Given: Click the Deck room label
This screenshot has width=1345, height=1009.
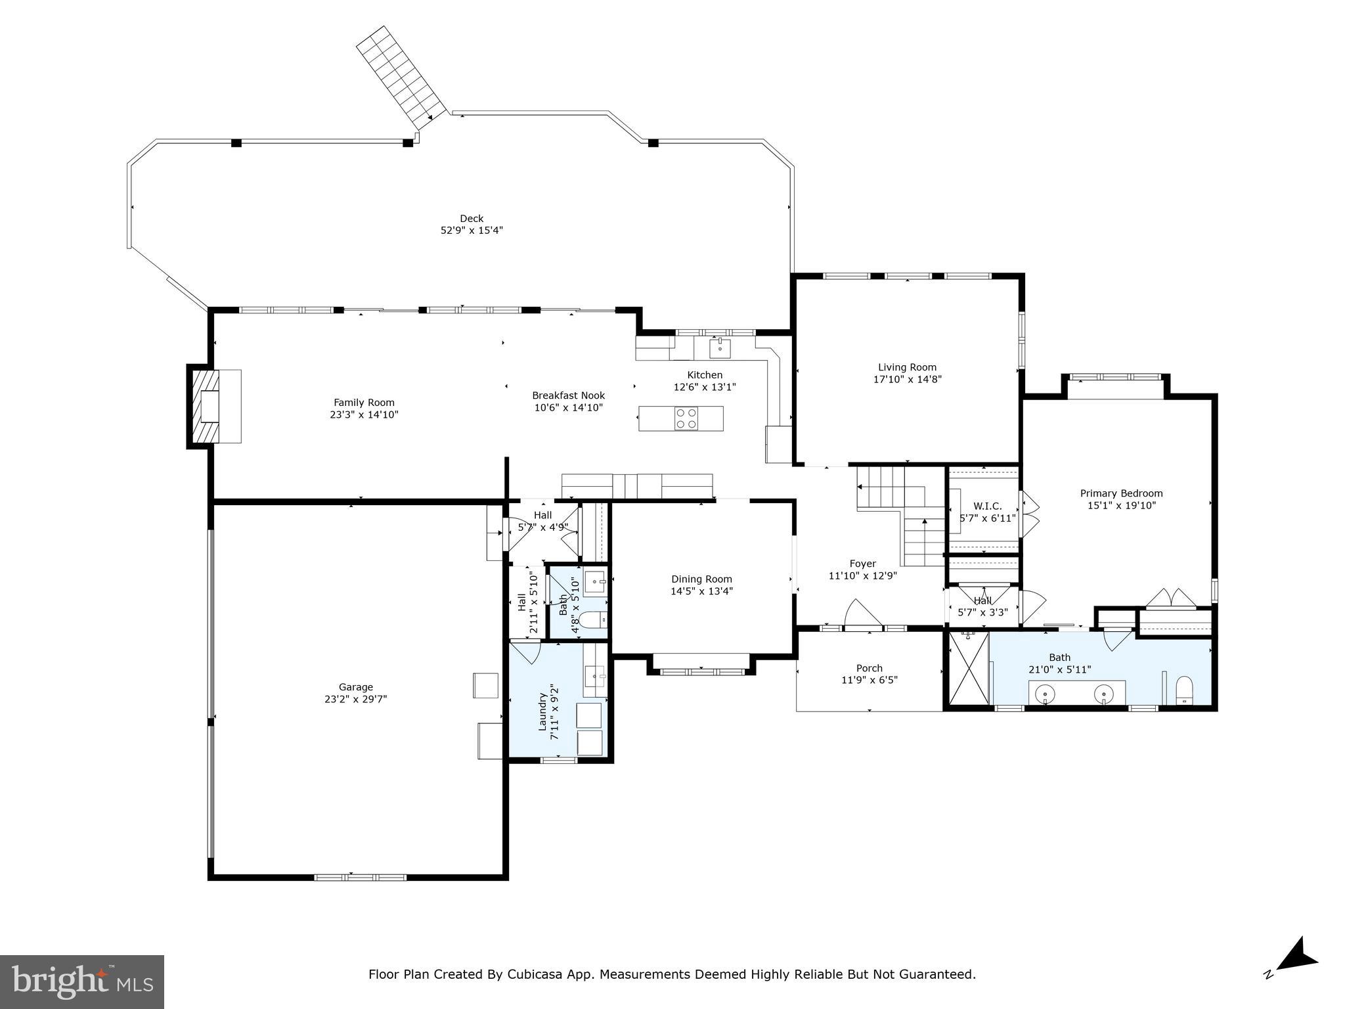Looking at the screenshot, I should click(472, 219).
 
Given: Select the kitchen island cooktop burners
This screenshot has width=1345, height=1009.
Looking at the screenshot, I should click(686, 418).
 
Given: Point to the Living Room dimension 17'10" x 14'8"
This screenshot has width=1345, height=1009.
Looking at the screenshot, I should click(907, 379).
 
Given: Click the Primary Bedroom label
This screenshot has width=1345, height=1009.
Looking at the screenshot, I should click(1121, 493).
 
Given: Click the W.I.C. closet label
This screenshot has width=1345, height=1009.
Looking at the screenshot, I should click(987, 506).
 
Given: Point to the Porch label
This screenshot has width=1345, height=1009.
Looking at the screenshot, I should click(869, 668).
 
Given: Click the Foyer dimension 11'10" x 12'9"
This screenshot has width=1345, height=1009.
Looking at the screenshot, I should click(862, 575).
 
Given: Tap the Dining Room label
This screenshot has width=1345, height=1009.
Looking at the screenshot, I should click(701, 579).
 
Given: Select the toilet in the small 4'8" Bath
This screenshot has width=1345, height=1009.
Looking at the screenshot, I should click(592, 619).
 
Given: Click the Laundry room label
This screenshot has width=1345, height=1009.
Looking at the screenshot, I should click(543, 711).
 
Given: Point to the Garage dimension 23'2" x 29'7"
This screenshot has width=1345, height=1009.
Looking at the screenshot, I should click(355, 700).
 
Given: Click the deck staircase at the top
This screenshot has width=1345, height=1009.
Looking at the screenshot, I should click(401, 78).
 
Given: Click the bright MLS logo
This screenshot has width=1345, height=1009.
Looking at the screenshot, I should click(81, 981).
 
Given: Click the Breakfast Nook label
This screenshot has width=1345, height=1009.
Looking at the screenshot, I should click(568, 395).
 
